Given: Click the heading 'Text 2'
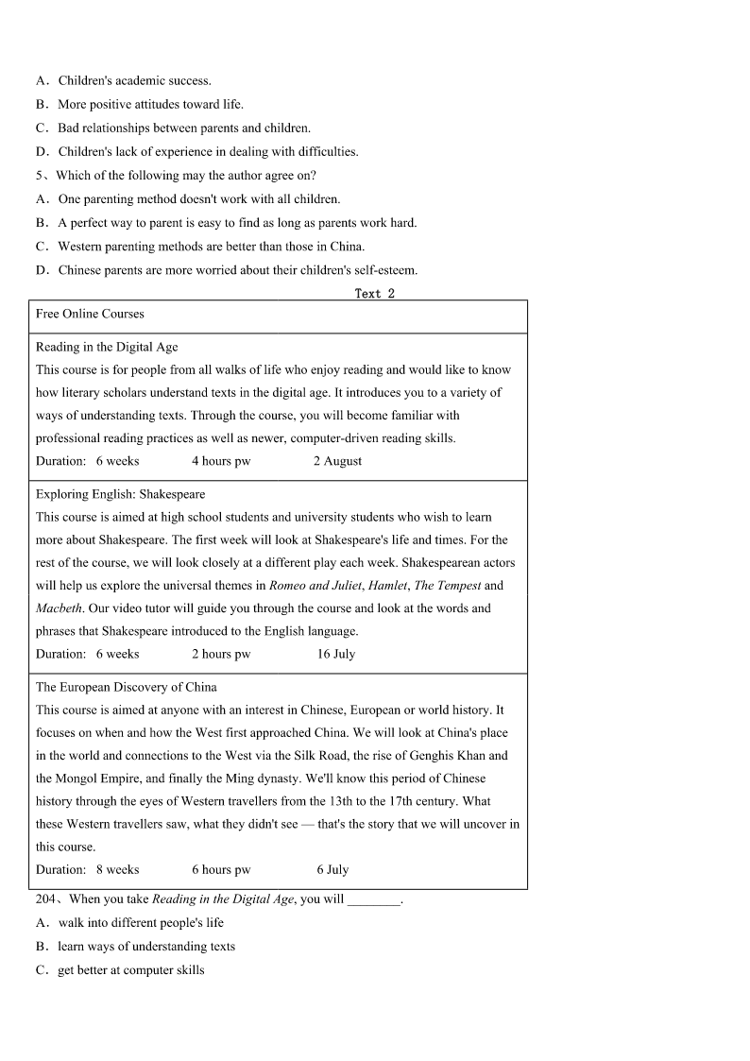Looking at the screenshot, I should (x=375, y=294).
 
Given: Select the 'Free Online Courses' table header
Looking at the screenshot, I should (x=90, y=314).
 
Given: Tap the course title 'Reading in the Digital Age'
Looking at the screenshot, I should (x=107, y=347).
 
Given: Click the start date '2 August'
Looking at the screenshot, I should (x=337, y=461).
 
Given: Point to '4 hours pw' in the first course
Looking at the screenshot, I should (x=221, y=461).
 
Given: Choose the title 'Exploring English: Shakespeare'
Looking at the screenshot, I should (x=120, y=494).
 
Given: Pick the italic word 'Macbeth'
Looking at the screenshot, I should (x=58, y=608).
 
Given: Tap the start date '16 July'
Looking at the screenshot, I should (x=336, y=654).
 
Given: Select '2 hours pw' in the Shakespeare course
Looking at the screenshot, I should (x=221, y=654).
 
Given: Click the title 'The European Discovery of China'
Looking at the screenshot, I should (x=126, y=687).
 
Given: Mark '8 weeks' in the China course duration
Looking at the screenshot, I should (x=117, y=869).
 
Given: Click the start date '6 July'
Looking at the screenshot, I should (x=332, y=869).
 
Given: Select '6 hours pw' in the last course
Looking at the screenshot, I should (x=221, y=869).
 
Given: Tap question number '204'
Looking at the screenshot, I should (x=46, y=899).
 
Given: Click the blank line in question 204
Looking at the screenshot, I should (x=374, y=900).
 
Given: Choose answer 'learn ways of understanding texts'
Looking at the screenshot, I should (x=146, y=947).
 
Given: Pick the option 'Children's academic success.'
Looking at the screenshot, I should (x=134, y=80).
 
